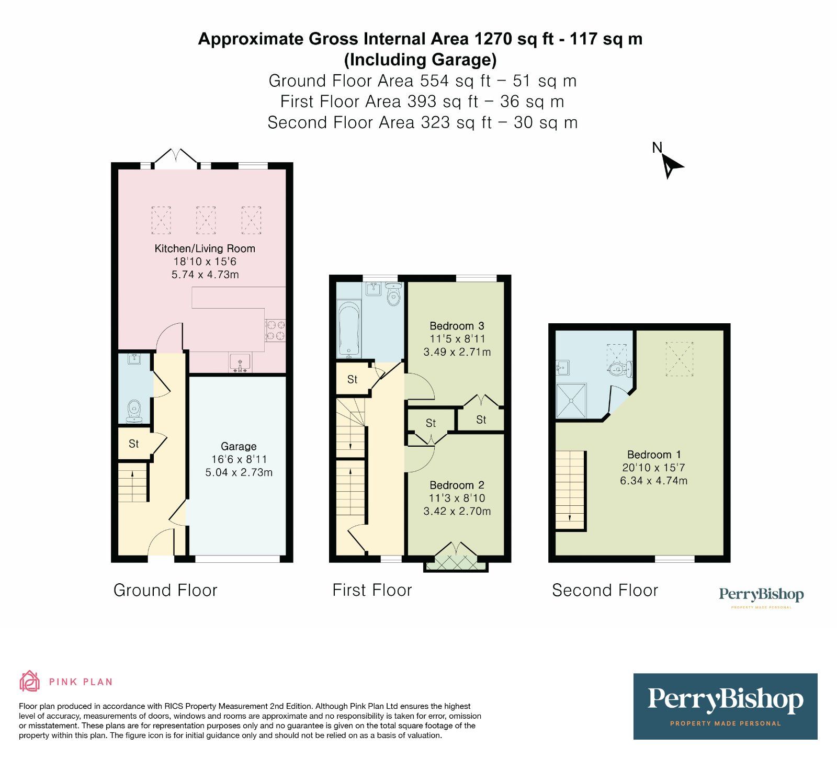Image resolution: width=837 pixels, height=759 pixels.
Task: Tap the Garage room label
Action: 239,446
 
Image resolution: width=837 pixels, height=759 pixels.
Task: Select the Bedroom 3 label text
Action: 457,326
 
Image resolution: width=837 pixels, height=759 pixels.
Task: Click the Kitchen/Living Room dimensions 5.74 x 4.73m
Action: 205,275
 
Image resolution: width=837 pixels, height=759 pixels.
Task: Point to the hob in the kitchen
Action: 276,330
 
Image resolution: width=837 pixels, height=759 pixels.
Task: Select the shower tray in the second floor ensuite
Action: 571,401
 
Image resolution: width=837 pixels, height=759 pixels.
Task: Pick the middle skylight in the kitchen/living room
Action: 206,220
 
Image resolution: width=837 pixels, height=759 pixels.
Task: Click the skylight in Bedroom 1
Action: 679,359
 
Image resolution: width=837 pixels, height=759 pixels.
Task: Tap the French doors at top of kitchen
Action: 176,157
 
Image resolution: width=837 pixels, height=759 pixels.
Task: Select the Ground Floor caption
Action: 165,590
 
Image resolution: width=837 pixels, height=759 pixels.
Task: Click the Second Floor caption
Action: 605,590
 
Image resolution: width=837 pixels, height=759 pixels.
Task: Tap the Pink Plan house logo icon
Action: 30,681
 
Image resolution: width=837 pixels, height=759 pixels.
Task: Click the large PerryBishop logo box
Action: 725,706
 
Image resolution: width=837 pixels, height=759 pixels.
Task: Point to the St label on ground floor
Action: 134,444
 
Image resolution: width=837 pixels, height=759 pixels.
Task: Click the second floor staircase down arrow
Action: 570,518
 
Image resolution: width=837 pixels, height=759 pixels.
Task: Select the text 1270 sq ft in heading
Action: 514,39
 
